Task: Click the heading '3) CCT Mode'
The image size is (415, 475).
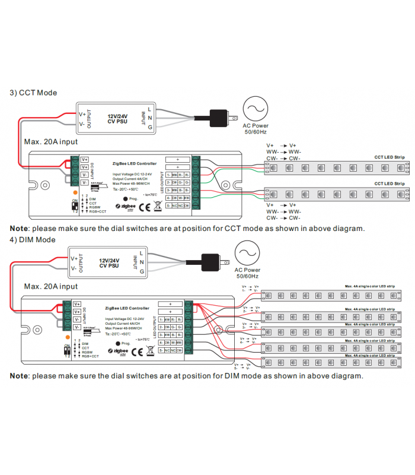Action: tap(33, 93)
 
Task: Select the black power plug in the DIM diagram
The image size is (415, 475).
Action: tap(212, 261)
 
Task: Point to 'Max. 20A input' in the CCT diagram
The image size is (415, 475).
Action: tap(50, 142)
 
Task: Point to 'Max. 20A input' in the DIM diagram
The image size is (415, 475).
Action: tap(50, 286)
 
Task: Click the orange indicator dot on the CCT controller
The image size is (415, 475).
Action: tap(74, 192)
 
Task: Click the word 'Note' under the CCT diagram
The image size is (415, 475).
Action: tap(18, 229)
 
